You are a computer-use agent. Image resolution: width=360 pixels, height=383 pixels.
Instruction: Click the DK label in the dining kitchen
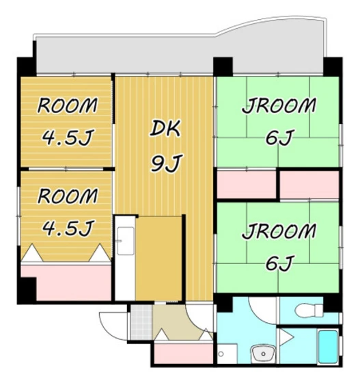point(164,128)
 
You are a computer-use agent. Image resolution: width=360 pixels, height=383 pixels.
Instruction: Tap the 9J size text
point(164,164)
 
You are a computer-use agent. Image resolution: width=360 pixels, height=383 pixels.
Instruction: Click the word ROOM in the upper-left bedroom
point(67,107)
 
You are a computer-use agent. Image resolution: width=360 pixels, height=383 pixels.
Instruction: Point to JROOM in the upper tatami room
point(279,107)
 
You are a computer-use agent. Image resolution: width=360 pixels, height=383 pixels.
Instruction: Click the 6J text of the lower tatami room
point(279,263)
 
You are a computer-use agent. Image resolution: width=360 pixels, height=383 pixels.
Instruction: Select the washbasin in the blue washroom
point(262,354)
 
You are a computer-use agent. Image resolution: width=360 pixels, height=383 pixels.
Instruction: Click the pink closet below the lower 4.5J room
point(66,282)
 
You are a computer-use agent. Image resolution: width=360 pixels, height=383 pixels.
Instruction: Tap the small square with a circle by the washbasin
point(223,355)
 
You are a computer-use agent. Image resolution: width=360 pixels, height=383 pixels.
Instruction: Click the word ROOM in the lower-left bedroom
point(67,196)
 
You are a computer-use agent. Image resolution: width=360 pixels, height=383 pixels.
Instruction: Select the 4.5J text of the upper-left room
point(67,139)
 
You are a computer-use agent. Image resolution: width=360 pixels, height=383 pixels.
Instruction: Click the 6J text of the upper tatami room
point(279,139)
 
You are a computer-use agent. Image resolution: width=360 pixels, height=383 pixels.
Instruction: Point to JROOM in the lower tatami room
point(279,232)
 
